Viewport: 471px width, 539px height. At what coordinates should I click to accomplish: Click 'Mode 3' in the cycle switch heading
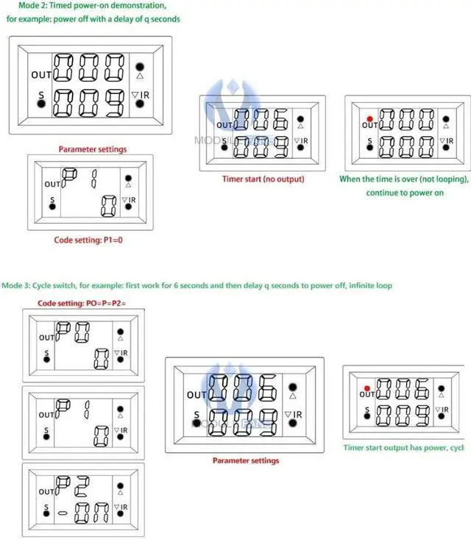[x=16, y=285]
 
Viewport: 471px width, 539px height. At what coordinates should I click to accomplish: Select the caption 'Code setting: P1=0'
[x=88, y=240]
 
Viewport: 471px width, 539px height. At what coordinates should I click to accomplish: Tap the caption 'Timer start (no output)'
[x=263, y=179]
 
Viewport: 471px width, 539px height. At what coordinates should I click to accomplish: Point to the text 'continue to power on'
[x=405, y=193]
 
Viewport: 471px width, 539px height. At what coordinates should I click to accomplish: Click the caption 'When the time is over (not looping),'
[x=404, y=179]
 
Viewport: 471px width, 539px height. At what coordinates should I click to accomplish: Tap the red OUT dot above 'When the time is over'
[x=370, y=118]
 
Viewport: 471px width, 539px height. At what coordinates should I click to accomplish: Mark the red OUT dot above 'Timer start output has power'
[x=366, y=386]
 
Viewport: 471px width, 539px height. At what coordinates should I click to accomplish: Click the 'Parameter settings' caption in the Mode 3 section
[x=246, y=460]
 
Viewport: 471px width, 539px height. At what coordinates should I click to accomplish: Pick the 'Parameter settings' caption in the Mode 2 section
[x=92, y=149]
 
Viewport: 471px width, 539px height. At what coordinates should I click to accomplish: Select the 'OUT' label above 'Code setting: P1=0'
[x=52, y=184]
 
